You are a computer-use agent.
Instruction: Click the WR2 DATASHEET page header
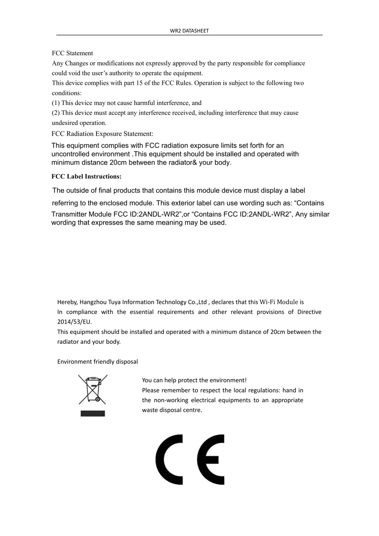pyautogui.click(x=189, y=31)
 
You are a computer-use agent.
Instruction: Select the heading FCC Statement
pyautogui.click(x=72, y=53)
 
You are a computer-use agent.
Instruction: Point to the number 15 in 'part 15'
pyautogui.click(x=139, y=83)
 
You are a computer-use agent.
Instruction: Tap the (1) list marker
pyautogui.click(x=56, y=103)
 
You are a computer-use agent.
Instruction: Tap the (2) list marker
pyautogui.click(x=56, y=113)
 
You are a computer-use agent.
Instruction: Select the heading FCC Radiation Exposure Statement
pyautogui.click(x=102, y=134)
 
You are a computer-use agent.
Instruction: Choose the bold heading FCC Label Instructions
pyautogui.click(x=87, y=176)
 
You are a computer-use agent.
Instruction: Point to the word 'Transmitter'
pyautogui.click(x=69, y=214)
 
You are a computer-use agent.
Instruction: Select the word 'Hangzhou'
pyautogui.click(x=93, y=302)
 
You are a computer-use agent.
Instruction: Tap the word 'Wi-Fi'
pyautogui.click(x=267, y=302)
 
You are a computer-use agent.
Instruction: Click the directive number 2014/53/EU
pyautogui.click(x=74, y=322)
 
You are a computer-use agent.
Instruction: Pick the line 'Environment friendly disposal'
pyautogui.click(x=98, y=362)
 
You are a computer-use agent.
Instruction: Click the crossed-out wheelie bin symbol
pyautogui.click(x=93, y=389)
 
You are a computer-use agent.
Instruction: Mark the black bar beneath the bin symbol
pyautogui.click(x=93, y=413)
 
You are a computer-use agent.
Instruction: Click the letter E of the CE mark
pyautogui.click(x=211, y=459)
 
